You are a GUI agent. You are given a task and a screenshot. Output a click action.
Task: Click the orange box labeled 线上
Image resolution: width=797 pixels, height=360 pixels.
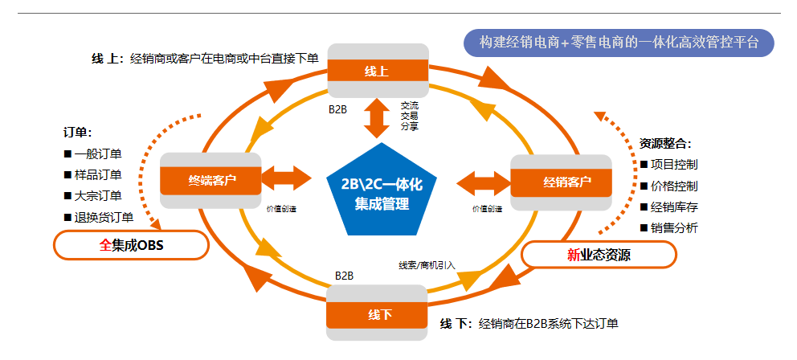pyautogui.click(x=377, y=72)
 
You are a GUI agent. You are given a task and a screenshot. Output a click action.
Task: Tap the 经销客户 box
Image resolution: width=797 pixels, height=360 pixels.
pyautogui.click(x=562, y=182)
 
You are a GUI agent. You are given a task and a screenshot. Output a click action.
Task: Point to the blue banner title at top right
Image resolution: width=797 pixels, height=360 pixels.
pyautogui.click(x=618, y=43)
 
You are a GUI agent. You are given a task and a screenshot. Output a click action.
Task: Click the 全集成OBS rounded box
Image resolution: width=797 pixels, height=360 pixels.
pyautogui.click(x=131, y=245)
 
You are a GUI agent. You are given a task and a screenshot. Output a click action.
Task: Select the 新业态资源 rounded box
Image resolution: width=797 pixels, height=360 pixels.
pyautogui.click(x=599, y=255)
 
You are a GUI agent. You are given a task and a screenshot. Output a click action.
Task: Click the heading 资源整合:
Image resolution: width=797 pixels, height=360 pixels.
pyautogui.click(x=664, y=144)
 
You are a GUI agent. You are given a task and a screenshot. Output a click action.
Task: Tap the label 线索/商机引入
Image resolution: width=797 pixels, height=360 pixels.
pyautogui.click(x=427, y=264)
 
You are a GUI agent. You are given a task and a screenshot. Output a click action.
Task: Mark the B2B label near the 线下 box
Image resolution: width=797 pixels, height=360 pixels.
pyautogui.click(x=344, y=276)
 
